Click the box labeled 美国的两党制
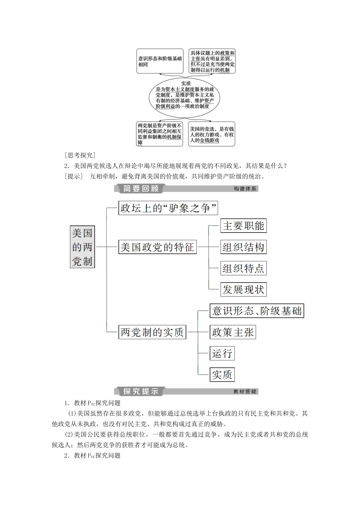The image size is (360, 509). coord(82,247)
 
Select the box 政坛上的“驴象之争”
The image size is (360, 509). coord(168,208)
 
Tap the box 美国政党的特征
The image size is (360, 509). coord(157,247)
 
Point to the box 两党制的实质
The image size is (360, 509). coord(152,332)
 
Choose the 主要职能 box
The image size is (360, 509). coord(243,226)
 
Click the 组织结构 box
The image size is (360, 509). coord(243,247)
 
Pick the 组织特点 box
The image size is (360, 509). coord(243,269)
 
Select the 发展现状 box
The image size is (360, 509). coord(243,290)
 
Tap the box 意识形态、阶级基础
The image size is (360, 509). coord(257,311)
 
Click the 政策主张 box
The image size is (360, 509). coord(233,332)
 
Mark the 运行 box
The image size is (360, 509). coord(222,353)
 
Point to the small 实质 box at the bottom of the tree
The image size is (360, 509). coord(222,375)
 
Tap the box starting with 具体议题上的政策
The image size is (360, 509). coord(212,61)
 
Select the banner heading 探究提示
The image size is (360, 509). coord(141,391)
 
